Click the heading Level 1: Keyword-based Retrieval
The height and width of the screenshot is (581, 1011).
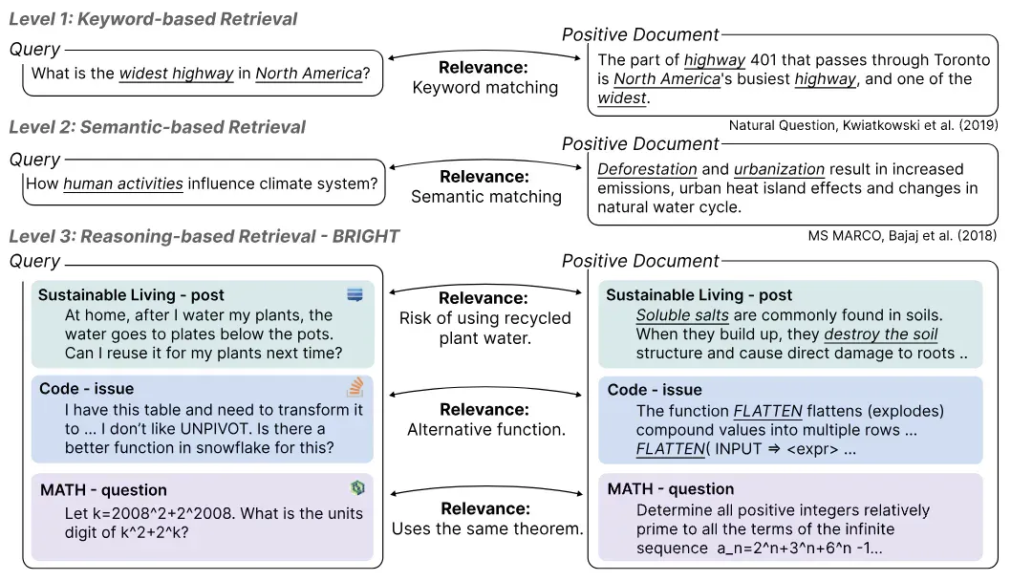point(153,19)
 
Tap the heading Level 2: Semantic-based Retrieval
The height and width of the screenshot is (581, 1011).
point(158,127)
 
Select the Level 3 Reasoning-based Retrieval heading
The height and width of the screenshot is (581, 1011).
point(204,237)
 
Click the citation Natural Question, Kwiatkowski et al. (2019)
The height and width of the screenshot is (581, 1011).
point(863,125)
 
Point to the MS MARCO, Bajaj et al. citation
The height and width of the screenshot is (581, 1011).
point(902,236)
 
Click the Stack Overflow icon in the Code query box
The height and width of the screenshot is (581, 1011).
point(355,387)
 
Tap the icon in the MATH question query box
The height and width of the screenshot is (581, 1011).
point(357,487)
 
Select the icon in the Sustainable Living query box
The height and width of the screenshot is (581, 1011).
point(355,294)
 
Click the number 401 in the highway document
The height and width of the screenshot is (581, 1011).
point(764,60)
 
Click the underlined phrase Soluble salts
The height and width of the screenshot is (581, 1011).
point(682,315)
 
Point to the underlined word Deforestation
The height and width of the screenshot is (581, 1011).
point(647,169)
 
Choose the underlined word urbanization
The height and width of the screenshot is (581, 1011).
point(779,169)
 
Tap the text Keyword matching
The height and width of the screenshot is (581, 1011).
point(485,88)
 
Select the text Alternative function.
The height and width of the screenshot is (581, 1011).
point(486,429)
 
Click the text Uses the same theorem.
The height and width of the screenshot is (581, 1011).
point(487,528)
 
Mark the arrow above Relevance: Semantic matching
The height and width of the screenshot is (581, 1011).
point(485,162)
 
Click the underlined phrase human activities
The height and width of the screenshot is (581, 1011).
point(123,183)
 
